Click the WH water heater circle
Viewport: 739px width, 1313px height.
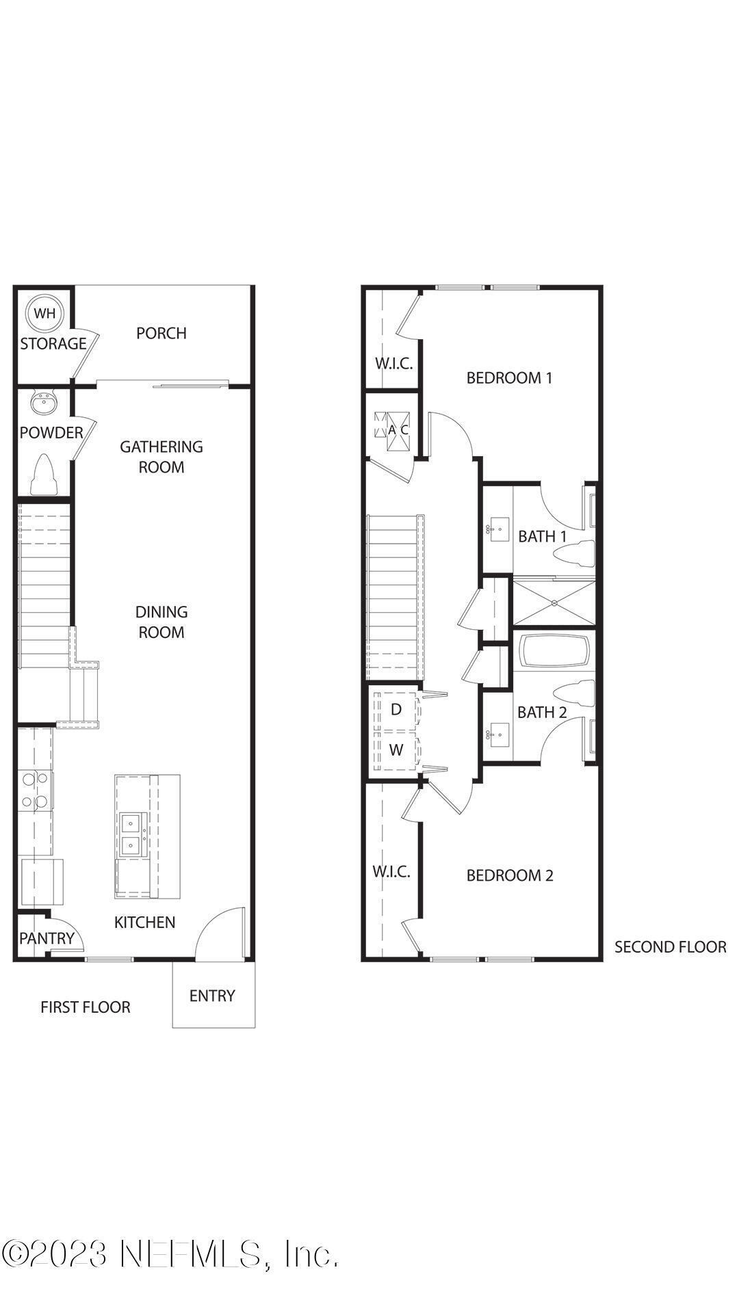tap(44, 314)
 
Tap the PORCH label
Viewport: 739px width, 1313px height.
tap(161, 333)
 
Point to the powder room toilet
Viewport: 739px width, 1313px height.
tap(43, 474)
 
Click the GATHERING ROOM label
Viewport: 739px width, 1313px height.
tap(161, 457)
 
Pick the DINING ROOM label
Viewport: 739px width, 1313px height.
tap(161, 622)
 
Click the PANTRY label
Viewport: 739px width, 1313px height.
tap(46, 938)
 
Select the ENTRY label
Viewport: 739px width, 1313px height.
tap(212, 996)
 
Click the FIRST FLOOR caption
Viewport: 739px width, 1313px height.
tap(86, 1007)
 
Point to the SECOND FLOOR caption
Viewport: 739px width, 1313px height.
tap(670, 947)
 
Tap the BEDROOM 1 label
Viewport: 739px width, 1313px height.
tap(509, 377)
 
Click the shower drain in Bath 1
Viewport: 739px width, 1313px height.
tap(554, 602)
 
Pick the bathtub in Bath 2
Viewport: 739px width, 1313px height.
tap(554, 652)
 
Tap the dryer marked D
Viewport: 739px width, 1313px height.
tap(396, 709)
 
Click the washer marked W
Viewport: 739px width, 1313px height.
tap(396, 750)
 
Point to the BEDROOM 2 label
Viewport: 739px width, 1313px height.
tap(509, 875)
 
